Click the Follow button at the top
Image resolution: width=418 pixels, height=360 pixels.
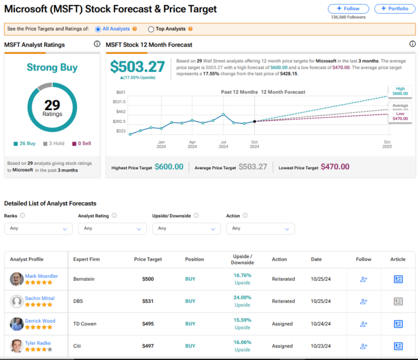(x=348, y=9)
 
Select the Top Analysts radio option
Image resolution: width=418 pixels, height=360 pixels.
(x=151, y=29)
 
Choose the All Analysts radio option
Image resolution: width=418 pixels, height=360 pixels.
(x=98, y=29)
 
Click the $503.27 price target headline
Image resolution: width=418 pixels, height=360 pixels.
(x=138, y=67)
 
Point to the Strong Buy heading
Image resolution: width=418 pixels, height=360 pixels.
(x=52, y=67)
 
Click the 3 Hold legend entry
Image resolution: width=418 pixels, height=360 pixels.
(x=55, y=143)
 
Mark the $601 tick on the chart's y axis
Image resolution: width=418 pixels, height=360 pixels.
(x=120, y=92)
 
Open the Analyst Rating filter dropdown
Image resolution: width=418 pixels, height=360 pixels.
(x=112, y=228)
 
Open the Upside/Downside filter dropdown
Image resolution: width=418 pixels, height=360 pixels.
(x=186, y=228)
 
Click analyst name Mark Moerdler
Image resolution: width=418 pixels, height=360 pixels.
(x=41, y=276)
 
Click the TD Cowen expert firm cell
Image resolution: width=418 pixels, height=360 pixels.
(x=85, y=324)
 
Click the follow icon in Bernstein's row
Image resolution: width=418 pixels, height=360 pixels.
(x=363, y=280)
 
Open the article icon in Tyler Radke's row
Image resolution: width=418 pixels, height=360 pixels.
(x=398, y=346)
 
